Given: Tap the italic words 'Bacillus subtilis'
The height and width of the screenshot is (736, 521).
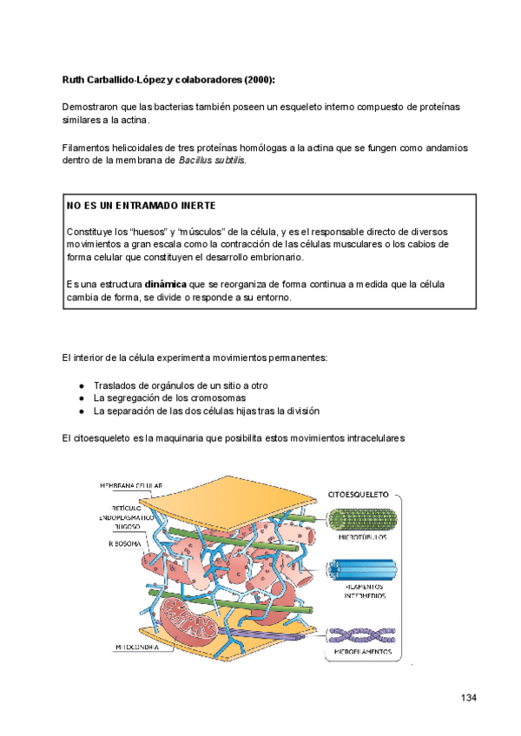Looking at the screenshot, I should (212, 161).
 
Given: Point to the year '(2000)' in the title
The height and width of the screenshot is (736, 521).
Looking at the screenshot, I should (259, 80).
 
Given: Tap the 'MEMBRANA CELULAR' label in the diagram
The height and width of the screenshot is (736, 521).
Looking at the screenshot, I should (131, 485).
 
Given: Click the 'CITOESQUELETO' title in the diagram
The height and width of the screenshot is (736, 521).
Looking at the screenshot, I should (357, 492).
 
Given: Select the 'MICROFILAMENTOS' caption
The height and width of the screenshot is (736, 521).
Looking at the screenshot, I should (363, 651).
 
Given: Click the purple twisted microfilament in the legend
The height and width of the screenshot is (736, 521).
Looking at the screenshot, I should (363, 634).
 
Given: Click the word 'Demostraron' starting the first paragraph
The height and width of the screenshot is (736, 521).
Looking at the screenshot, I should (89, 106).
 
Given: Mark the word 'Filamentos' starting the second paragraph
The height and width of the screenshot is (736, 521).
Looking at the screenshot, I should (86, 148).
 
